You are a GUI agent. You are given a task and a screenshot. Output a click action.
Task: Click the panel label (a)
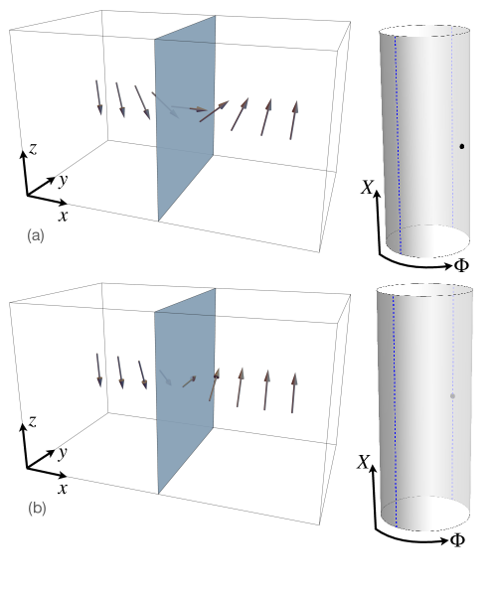pyautogui.click(x=36, y=235)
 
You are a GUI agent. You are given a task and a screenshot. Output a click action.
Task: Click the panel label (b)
pyautogui.click(x=37, y=508)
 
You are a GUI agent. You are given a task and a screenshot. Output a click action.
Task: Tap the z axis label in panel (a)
pyautogui.click(x=34, y=149)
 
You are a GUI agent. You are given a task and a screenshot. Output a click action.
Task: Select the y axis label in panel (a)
pyautogui.click(x=63, y=181)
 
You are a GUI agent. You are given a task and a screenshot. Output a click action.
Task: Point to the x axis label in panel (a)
pyautogui.click(x=64, y=216)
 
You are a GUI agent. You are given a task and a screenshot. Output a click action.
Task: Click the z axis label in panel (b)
pyautogui.click(x=33, y=421)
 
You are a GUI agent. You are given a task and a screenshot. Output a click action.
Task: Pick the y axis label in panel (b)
pyautogui.click(x=63, y=453)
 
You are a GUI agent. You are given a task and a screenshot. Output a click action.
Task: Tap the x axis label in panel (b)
pyautogui.click(x=63, y=489)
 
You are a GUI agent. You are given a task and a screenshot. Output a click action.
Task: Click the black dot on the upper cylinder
pyautogui.click(x=461, y=146)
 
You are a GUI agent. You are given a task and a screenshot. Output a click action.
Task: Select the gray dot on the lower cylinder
pyautogui.click(x=452, y=396)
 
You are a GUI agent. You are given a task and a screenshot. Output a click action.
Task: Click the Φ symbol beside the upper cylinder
pyautogui.click(x=461, y=265)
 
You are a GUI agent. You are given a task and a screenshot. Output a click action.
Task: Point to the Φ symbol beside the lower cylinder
pyautogui.click(x=458, y=540)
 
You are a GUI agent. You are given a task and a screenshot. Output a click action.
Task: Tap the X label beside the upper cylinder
pyautogui.click(x=367, y=187)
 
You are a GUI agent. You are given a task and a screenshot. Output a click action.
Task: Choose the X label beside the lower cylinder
pyautogui.click(x=363, y=462)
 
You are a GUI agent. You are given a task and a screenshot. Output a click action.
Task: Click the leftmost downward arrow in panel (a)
pyautogui.click(x=98, y=97)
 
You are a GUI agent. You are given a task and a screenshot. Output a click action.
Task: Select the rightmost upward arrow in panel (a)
pyautogui.click(x=294, y=120)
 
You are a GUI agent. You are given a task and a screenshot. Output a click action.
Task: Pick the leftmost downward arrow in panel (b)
pyautogui.click(x=98, y=371)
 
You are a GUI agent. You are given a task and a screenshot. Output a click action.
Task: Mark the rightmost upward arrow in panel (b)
pyautogui.click(x=293, y=392)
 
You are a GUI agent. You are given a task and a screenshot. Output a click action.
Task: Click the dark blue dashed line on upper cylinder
pyautogui.click(x=398, y=144)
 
